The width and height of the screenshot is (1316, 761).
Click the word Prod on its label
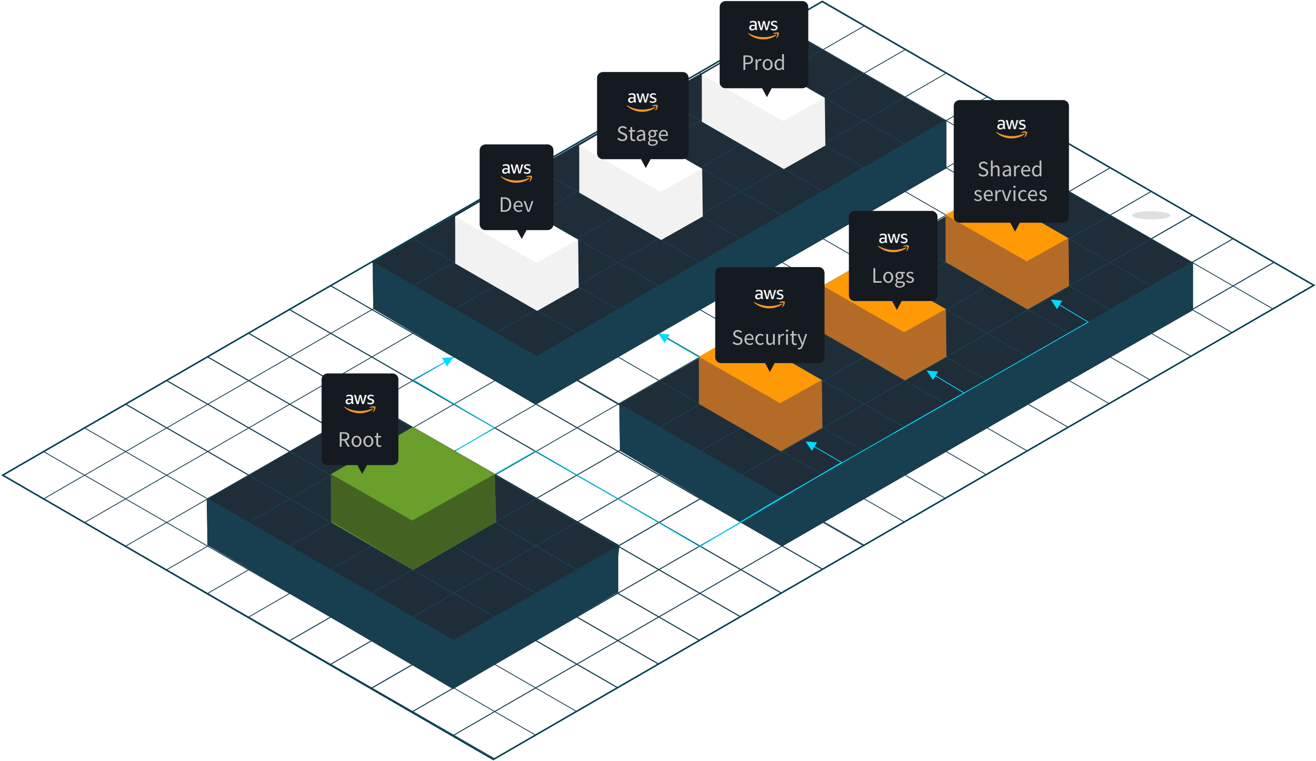[x=763, y=63]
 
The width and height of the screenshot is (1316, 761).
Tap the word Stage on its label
[x=642, y=133]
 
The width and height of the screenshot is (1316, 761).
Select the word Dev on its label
[x=516, y=205]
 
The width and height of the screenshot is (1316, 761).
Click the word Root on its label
[x=359, y=440]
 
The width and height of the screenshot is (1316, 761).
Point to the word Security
[x=769, y=338]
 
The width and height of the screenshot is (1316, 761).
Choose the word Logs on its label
[x=893, y=276]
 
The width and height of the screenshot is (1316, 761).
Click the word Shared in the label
[x=1009, y=169]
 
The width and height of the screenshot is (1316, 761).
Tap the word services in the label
[x=1010, y=194]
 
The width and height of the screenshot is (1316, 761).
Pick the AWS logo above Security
[x=769, y=297]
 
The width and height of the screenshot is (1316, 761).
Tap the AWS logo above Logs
[x=893, y=241]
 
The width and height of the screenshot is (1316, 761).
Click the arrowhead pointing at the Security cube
[x=811, y=445]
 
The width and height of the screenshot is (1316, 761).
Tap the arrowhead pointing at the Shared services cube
[x=1056, y=303]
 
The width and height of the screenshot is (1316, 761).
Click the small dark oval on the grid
[x=1151, y=215]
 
